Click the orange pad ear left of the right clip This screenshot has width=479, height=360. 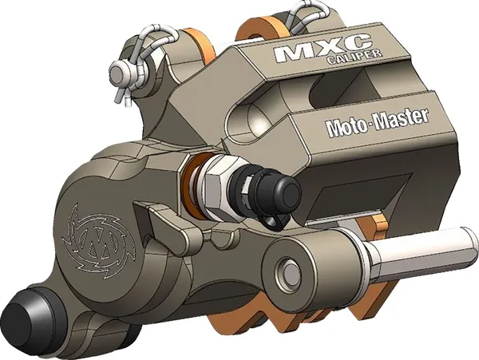[x=259, y=24]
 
